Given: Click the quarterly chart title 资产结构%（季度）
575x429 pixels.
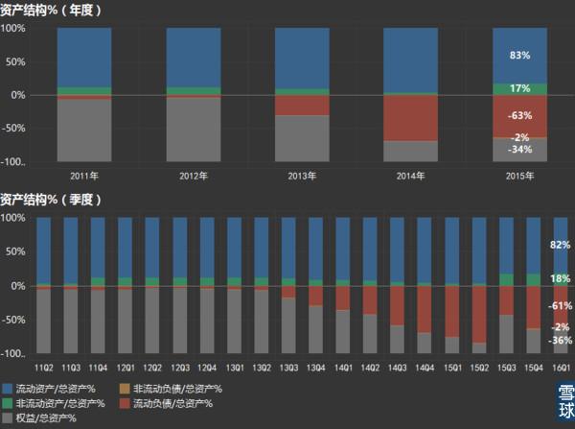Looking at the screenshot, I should coord(53,200).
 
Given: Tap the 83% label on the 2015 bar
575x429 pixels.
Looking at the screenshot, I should coord(519,56).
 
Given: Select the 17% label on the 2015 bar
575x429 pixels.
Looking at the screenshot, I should coord(519,89).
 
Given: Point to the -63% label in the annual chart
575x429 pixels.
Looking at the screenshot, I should coord(519,116).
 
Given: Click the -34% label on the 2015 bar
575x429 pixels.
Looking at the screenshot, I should coord(519,150).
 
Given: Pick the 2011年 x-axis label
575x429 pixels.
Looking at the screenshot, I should coord(84,176).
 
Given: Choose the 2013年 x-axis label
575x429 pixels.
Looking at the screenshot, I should coord(302,176).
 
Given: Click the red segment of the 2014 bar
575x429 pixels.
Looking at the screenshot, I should coord(410,117).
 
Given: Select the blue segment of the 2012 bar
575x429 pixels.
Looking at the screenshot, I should coord(194,58).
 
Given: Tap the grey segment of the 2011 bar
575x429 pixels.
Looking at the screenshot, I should coord(84,130).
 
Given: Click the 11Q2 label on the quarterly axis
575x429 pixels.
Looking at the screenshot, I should coord(44,368).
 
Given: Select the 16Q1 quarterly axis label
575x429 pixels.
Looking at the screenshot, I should coord(561,368).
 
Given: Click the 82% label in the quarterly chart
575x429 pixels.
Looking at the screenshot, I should coord(561,246).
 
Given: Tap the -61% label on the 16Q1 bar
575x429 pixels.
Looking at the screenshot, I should coord(561,306).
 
